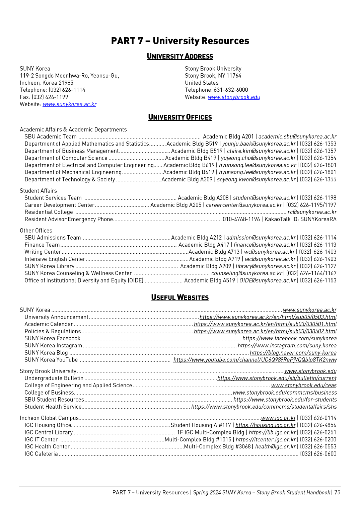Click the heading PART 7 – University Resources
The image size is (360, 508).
point(180,41)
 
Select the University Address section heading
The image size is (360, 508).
point(180,56)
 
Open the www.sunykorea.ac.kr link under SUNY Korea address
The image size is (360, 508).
point(69,104)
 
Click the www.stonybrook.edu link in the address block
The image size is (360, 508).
point(234,97)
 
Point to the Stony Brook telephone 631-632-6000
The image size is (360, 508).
point(231,90)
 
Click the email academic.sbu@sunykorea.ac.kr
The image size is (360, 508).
point(297,137)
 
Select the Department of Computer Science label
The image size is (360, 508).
point(66,158)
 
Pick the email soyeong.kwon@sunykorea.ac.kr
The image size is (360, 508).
point(257,179)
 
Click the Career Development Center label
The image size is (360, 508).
point(59,205)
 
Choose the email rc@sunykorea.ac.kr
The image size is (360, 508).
point(312,212)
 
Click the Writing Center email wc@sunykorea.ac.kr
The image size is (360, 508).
point(270,252)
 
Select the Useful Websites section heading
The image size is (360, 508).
point(180,298)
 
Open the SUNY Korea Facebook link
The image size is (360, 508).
point(289,338)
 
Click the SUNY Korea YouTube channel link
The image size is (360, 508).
point(255,360)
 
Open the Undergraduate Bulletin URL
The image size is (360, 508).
point(277,378)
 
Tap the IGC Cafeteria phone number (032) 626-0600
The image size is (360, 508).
point(318,454)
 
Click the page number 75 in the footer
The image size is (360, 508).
point(337,492)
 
